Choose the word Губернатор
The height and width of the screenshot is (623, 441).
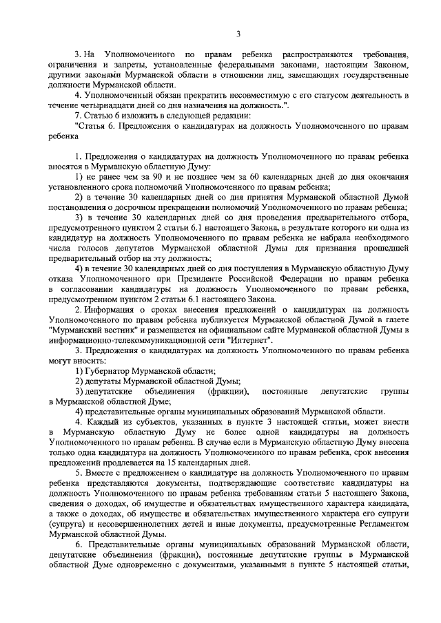tap(112, 370)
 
